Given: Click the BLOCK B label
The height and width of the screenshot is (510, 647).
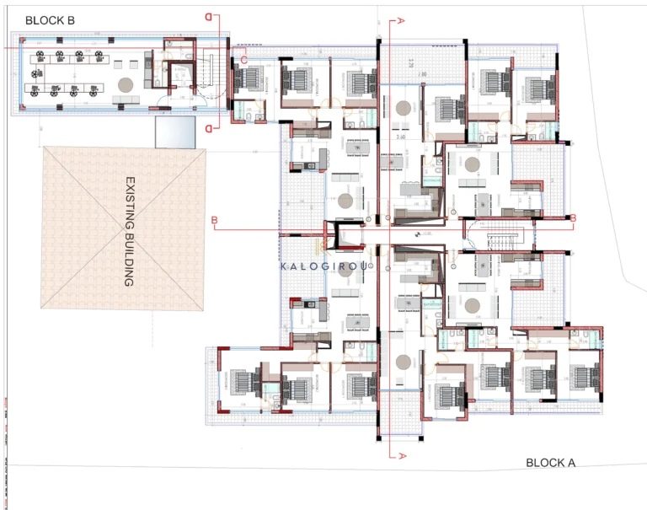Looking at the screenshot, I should click(52, 19).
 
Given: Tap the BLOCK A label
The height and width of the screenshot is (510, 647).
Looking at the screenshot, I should click(550, 462).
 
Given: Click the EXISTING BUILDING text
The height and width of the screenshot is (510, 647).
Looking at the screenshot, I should click(130, 231).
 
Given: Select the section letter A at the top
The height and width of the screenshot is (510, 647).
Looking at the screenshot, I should click(402, 19).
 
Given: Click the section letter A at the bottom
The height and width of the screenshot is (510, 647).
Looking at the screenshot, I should click(402, 455).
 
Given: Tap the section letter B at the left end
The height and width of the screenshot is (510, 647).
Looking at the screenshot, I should click(215, 222).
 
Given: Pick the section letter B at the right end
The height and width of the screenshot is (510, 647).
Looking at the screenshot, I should click(573, 218).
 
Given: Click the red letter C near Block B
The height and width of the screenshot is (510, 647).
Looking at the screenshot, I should click(243, 60).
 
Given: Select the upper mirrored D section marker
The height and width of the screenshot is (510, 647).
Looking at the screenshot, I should click(208, 16).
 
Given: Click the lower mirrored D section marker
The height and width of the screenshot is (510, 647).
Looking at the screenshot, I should click(208, 127).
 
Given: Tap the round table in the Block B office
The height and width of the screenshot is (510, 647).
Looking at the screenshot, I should click(126, 84).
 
